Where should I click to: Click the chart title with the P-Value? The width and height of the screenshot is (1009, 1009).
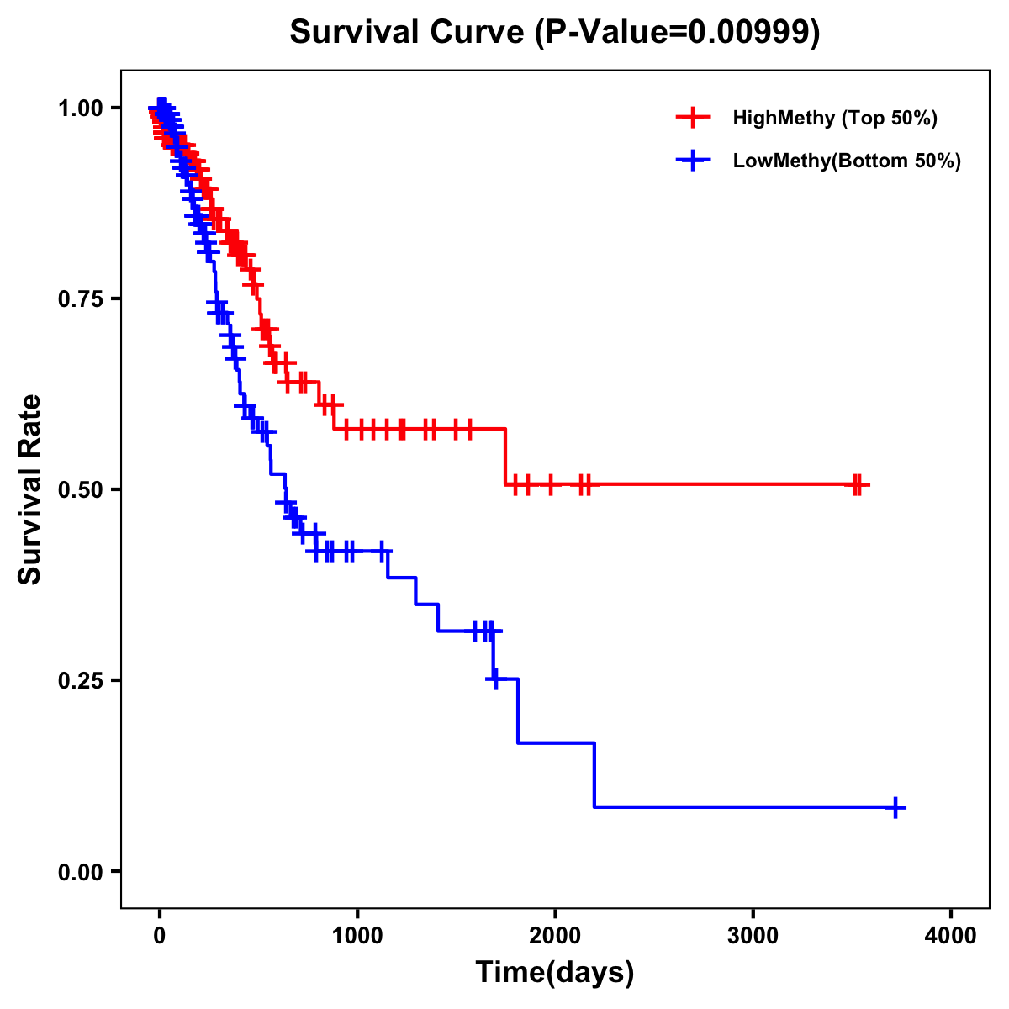555,33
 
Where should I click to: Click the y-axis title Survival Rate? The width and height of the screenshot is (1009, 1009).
30,489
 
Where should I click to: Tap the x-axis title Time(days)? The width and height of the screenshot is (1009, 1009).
555,972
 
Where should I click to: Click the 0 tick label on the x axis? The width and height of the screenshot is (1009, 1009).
160,936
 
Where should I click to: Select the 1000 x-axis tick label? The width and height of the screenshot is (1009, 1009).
357,936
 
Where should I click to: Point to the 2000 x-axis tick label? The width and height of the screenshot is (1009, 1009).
555,936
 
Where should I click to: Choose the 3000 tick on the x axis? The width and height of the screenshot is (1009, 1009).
753,936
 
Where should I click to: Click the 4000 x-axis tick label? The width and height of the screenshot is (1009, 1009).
951,936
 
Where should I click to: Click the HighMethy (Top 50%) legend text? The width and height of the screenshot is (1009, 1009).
835,118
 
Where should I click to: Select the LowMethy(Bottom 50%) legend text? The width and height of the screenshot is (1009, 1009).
847,161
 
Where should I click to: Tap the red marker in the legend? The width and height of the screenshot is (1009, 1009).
693,118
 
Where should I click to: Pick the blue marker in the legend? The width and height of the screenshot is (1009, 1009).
693,161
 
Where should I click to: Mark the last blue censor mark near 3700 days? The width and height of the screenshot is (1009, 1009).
895,807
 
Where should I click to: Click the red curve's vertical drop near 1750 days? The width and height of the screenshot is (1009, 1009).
505,457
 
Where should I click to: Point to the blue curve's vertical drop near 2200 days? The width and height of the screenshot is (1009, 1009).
594,774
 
